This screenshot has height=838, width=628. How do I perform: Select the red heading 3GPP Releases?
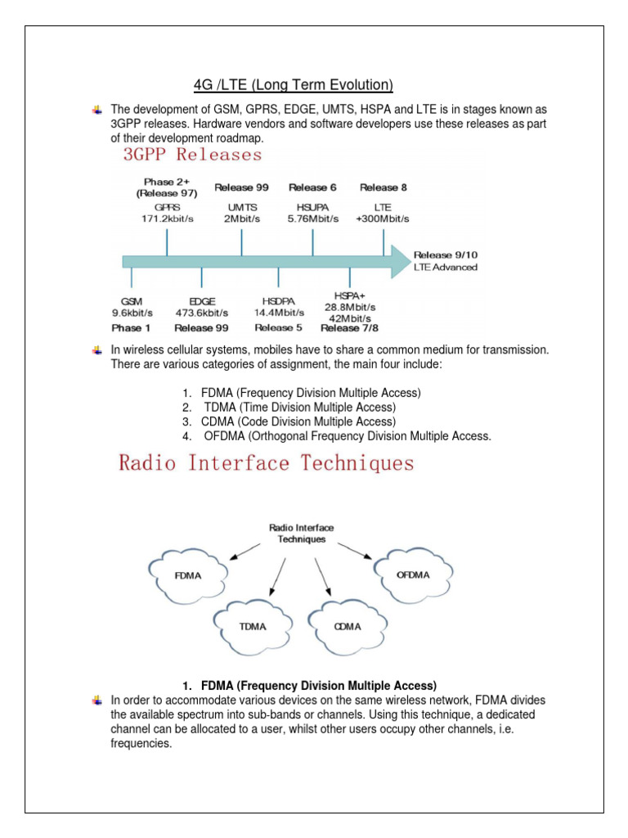(x=193, y=155)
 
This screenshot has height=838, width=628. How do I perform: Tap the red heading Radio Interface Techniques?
(x=267, y=463)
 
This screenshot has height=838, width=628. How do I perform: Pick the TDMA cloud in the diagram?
(x=253, y=625)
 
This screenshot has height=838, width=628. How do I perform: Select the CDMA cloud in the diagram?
(x=346, y=625)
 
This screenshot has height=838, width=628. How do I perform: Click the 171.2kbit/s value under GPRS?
(x=166, y=221)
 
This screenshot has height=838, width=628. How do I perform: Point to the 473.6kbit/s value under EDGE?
(x=201, y=312)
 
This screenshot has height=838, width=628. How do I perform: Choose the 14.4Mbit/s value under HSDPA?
(x=278, y=312)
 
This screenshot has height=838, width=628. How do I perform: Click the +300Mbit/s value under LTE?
(x=383, y=221)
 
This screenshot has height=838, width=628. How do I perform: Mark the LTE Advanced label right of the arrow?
(x=446, y=268)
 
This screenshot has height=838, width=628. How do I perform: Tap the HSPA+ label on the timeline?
(x=350, y=295)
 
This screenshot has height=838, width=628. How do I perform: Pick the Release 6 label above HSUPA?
(x=312, y=187)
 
